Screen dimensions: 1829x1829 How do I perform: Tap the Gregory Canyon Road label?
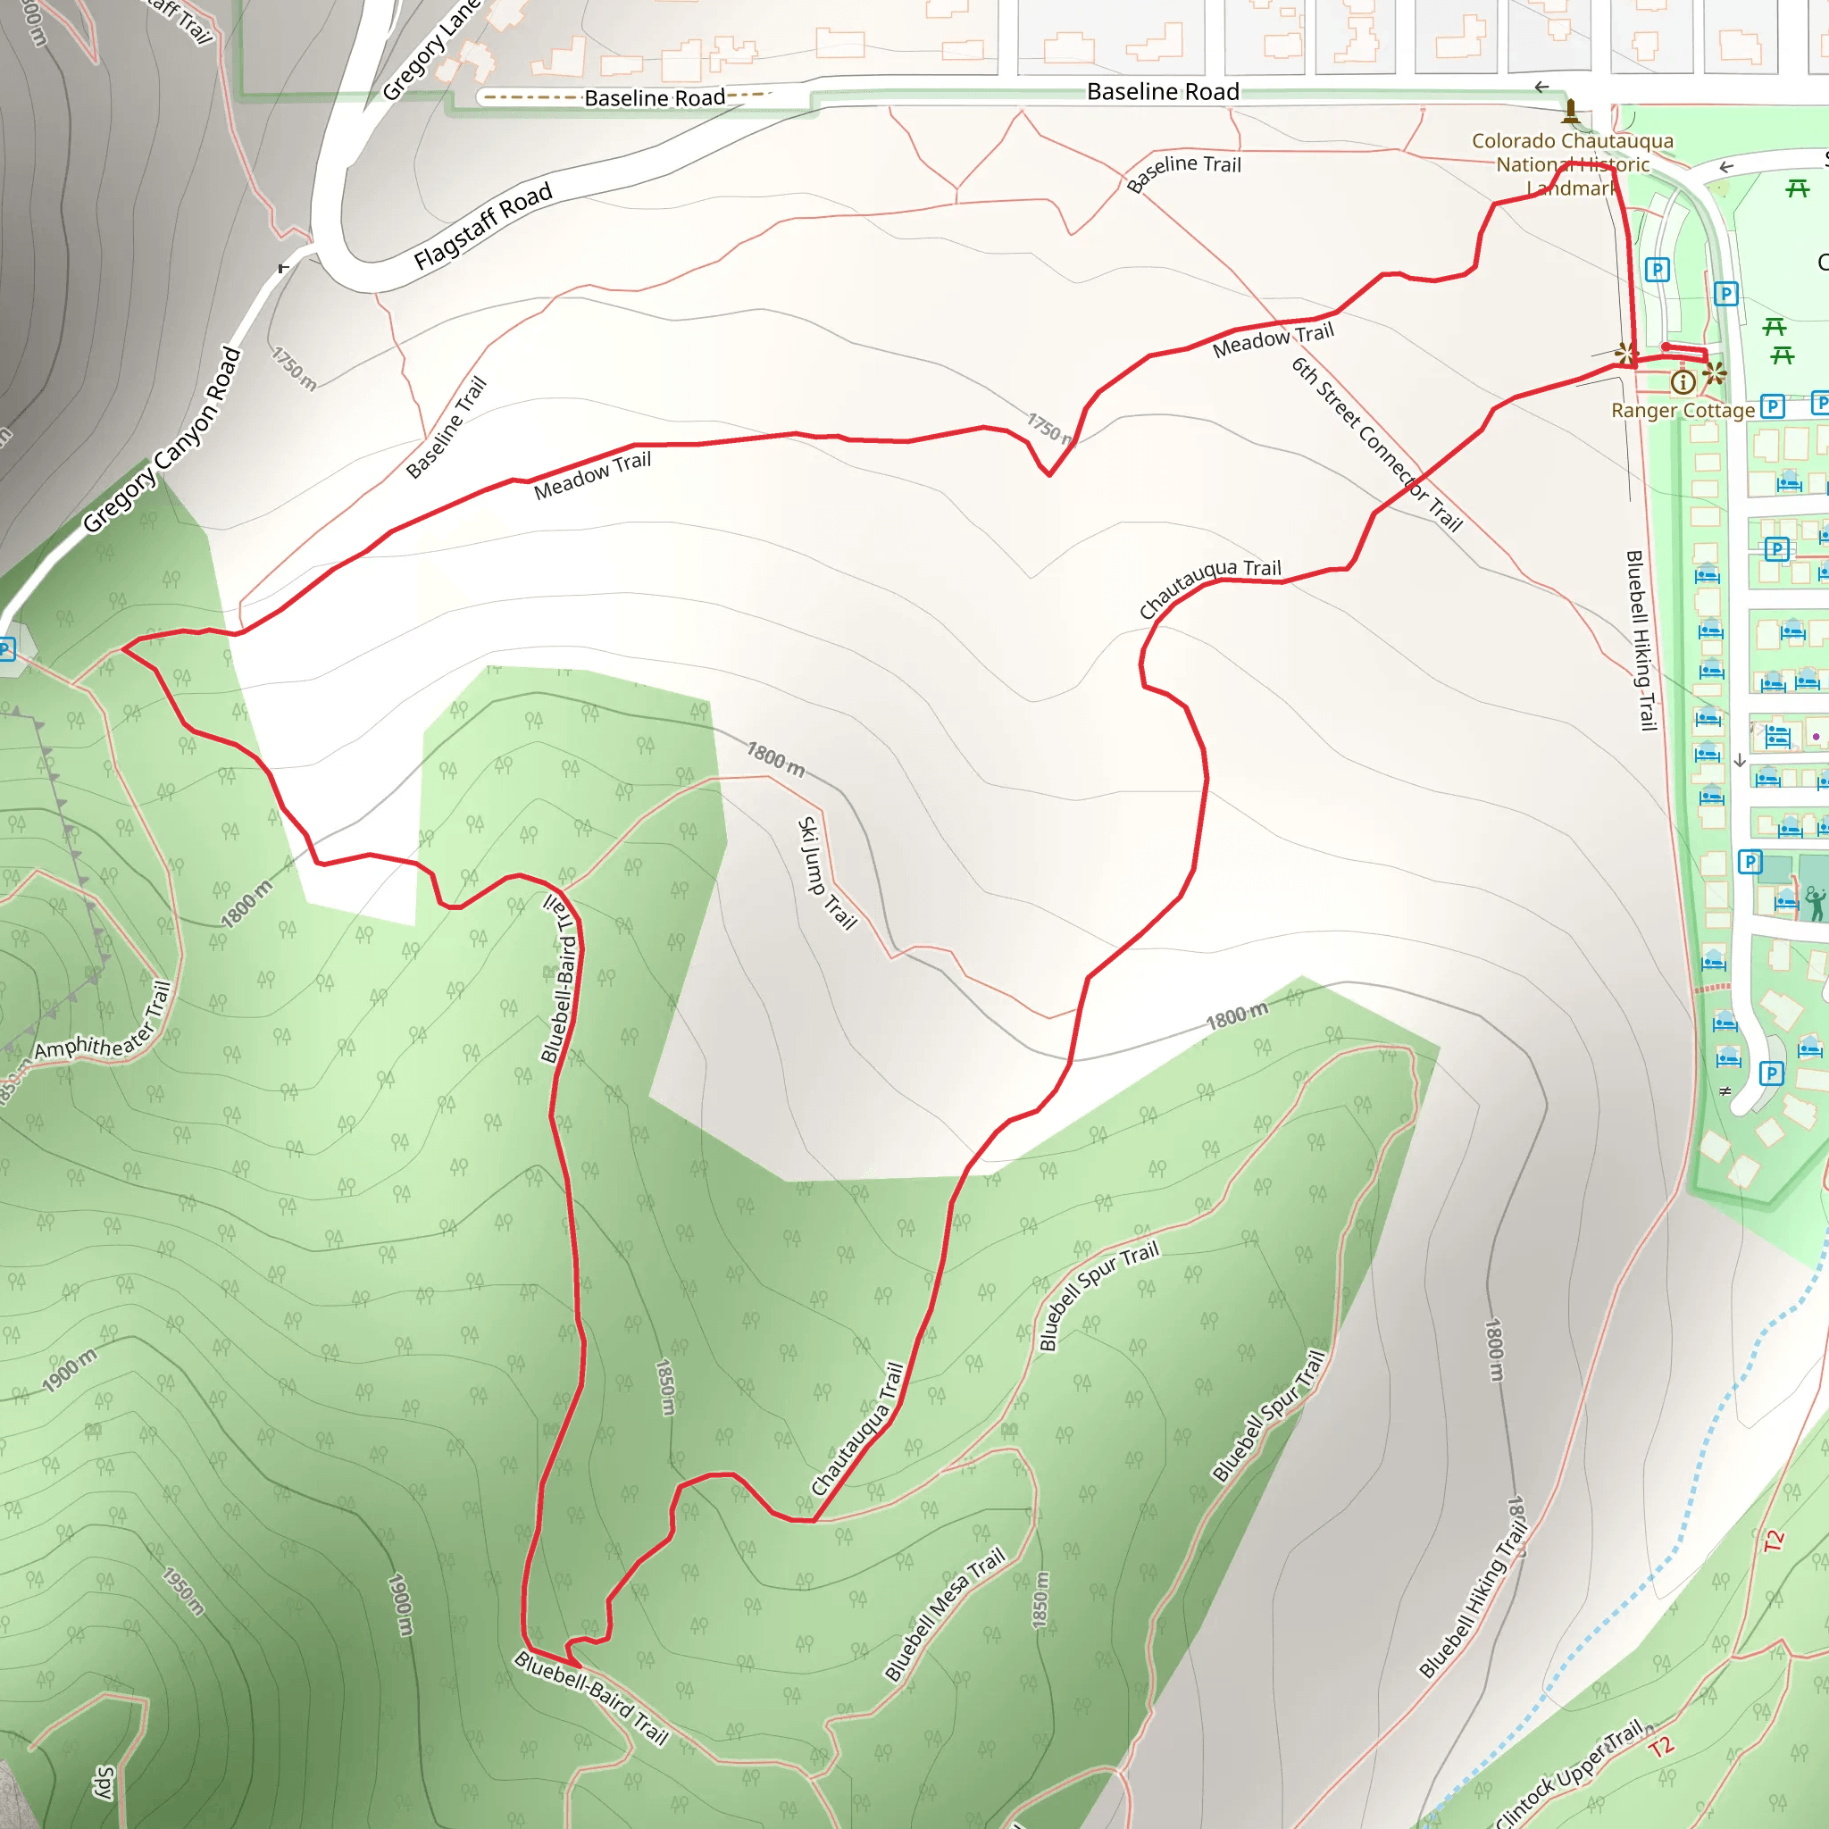point(162,440)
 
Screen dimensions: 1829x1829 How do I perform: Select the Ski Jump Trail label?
point(826,873)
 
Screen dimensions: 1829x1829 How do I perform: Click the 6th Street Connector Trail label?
point(1377,445)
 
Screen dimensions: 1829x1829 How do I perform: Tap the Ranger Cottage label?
point(1683,411)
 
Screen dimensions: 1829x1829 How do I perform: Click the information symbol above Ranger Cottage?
point(1683,382)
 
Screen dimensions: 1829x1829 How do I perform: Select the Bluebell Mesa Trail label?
point(944,1615)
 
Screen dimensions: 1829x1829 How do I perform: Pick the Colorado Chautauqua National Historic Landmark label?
point(1573,164)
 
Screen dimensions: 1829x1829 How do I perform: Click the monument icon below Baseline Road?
point(1571,112)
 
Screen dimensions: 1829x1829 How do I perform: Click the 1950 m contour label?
point(183,1591)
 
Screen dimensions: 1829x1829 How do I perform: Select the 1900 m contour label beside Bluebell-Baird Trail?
point(401,1604)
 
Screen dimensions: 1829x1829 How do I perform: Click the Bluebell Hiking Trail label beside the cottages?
point(1641,640)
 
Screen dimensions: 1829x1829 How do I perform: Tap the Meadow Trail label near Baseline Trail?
point(593,475)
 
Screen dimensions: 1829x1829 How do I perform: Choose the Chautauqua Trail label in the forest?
point(857,1430)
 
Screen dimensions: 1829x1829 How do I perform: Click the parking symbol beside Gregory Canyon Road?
point(6,649)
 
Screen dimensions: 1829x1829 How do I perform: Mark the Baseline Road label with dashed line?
point(653,97)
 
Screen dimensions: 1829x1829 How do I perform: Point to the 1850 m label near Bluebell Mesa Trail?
point(1040,1599)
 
